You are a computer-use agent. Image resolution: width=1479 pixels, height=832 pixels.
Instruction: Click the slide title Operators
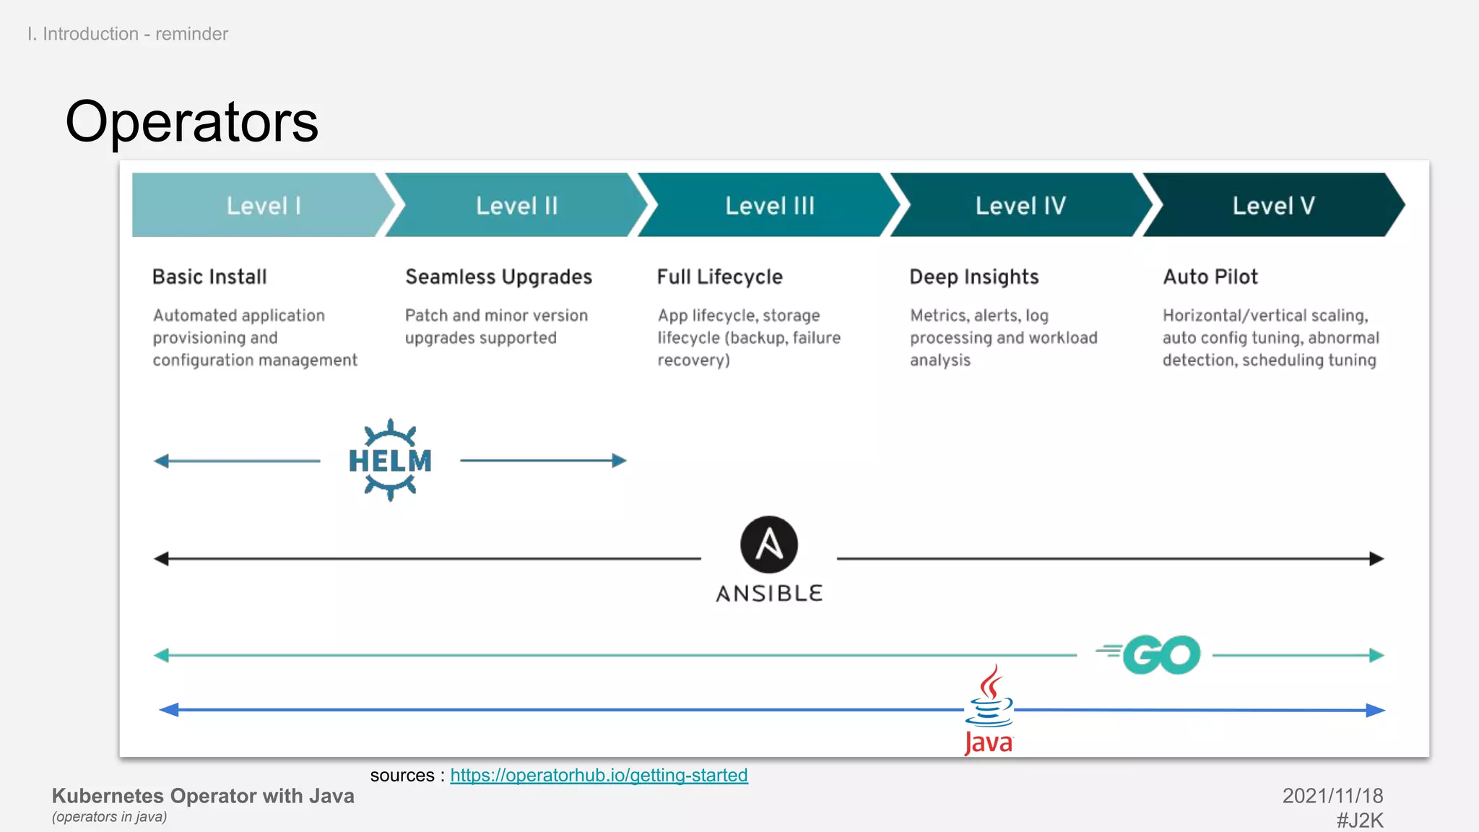click(191, 121)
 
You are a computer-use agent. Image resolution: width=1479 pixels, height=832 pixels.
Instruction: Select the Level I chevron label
click(264, 206)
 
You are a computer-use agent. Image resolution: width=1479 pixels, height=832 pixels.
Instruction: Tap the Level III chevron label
click(770, 206)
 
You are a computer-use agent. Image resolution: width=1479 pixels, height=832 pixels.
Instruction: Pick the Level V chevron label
click(1273, 206)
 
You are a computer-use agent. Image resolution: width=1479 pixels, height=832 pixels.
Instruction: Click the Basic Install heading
click(209, 277)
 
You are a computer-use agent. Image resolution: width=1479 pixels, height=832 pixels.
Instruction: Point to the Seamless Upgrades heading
click(498, 277)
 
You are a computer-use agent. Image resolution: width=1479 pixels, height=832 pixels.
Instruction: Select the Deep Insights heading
click(973, 277)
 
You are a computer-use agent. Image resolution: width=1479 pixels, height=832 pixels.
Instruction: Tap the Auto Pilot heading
click(1210, 277)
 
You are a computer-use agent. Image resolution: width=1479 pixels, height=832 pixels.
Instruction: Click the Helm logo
click(390, 460)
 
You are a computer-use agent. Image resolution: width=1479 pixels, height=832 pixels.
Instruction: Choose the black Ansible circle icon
click(769, 545)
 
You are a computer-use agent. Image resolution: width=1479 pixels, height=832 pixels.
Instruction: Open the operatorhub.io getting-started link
click(599, 775)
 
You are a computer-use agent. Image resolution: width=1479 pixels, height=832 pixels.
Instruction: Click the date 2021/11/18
click(1332, 796)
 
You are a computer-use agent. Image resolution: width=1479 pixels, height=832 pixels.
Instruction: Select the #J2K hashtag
click(1359, 820)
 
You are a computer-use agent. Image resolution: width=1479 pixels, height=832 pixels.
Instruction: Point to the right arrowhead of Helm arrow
click(620, 461)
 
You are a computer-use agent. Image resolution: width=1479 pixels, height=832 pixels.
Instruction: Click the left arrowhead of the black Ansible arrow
click(161, 558)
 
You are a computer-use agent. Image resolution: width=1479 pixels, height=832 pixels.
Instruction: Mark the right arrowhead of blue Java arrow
click(1376, 710)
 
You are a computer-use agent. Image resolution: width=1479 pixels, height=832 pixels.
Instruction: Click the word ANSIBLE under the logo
click(769, 594)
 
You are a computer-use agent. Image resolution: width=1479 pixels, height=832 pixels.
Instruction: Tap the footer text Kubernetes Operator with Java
click(203, 796)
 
